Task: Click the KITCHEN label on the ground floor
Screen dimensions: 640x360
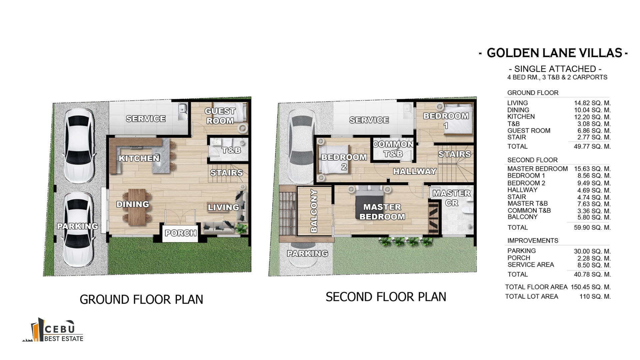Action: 139,158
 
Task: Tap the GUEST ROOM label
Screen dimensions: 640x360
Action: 220,116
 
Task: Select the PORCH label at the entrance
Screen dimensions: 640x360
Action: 181,233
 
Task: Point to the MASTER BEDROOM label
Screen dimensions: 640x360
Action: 382,212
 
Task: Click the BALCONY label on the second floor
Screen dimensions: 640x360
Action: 314,211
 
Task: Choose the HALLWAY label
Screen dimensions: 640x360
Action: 415,171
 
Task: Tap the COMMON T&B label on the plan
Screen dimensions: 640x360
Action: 393,149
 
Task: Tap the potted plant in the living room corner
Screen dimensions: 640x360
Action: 241,228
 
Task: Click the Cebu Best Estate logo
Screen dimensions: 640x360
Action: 53,330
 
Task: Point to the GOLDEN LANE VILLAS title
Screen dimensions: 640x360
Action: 554,53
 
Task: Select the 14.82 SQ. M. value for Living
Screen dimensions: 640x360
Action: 592,103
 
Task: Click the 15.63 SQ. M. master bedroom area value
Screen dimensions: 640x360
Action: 592,169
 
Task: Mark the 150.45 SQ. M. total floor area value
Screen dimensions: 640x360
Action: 591,287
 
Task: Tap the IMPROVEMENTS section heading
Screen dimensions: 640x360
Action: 533,241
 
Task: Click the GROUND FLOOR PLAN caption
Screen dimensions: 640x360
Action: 141,299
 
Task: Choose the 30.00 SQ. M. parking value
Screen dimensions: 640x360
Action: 592,251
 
